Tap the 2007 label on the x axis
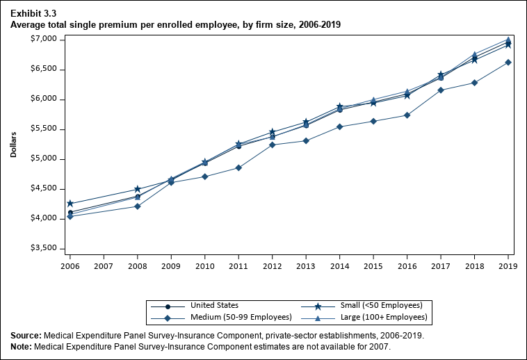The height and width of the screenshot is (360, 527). (104, 265)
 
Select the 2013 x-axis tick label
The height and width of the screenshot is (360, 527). (306, 265)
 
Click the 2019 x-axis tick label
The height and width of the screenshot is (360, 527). (508, 265)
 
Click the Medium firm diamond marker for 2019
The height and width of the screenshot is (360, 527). (508, 63)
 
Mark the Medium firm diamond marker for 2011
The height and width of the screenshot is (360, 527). (238, 167)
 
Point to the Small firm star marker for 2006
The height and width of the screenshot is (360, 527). (70, 204)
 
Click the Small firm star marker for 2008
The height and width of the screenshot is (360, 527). (138, 189)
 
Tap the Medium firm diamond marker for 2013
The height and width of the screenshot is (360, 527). (306, 140)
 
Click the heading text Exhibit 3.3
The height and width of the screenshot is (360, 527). (33, 13)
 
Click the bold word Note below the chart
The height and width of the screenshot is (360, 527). (21, 347)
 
